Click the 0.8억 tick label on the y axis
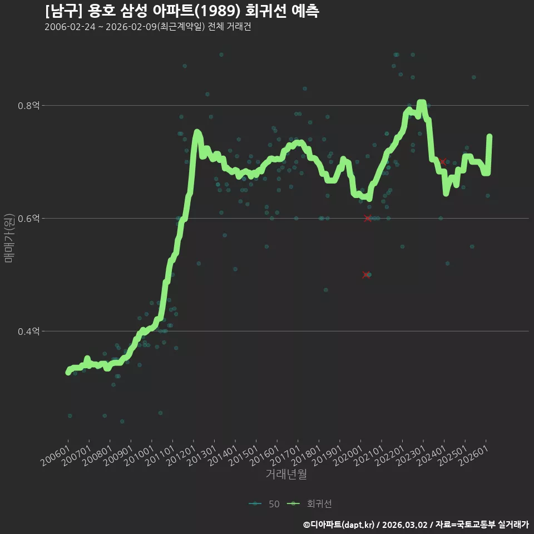click(28, 106)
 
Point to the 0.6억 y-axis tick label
click(28, 218)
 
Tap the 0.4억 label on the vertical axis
click(28, 331)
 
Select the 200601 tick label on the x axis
click(56, 456)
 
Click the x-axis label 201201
click(181, 456)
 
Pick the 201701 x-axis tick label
click(285, 456)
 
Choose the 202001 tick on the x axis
click(348, 456)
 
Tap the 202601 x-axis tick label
click(473, 456)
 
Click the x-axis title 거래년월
click(286, 474)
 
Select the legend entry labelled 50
click(265, 504)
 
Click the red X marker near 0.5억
click(366, 274)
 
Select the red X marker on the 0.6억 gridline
click(368, 218)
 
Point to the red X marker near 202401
click(443, 162)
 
